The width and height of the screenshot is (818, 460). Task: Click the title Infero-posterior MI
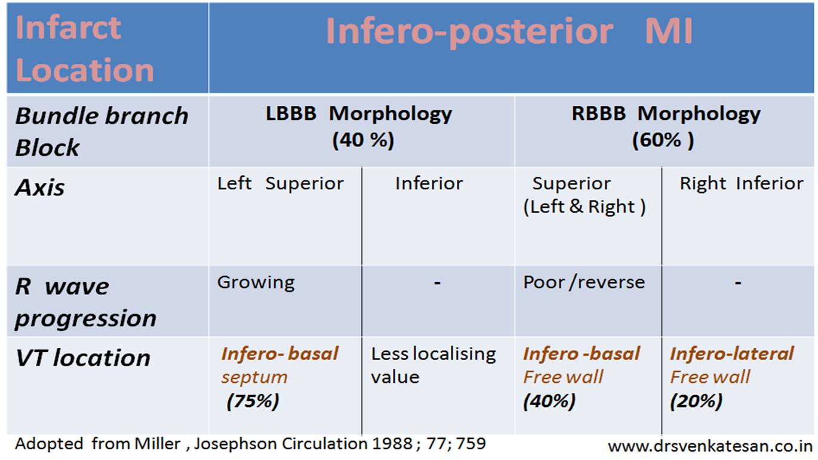pos(509,32)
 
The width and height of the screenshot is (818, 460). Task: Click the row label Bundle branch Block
pos(102,131)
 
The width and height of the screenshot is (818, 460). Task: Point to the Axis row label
pos(40,188)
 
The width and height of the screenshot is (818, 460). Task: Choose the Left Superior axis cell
pos(281,183)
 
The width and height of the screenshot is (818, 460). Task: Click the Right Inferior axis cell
pos(742,183)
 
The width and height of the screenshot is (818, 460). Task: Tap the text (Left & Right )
pos(585,207)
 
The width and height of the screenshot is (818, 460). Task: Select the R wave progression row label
pos(85,302)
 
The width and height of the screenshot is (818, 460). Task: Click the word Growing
pos(256,283)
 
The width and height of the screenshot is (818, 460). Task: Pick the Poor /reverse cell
pos(584,283)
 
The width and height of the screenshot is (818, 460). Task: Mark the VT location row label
pos(82,358)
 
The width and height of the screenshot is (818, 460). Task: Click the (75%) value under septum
pos(253,401)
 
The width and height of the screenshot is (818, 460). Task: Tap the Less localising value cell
pos(433,366)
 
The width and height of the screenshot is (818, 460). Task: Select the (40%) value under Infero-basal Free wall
pos(549,401)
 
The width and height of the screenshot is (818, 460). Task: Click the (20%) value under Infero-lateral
pos(696,401)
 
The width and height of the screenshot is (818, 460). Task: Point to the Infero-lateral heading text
pos(732,354)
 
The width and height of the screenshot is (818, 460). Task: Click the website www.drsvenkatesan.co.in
pos(709,446)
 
